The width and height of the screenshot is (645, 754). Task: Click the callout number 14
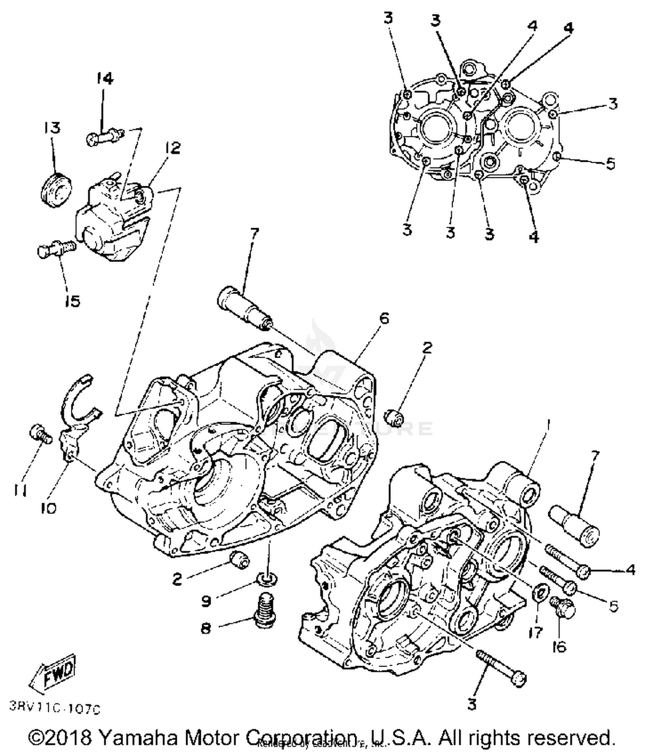(104, 79)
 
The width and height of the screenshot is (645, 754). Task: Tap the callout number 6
(384, 319)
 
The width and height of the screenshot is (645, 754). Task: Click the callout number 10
(49, 508)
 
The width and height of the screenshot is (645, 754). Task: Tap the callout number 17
(536, 632)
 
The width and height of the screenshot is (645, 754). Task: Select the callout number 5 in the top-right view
(610, 164)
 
